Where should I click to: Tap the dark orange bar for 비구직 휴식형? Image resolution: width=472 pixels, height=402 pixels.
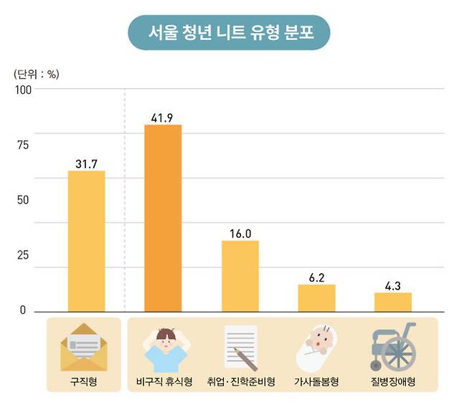pyautogui.click(x=163, y=218)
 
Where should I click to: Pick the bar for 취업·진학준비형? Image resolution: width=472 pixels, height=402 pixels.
pyautogui.click(x=240, y=276)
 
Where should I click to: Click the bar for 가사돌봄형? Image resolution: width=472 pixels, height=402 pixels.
pyautogui.click(x=316, y=297)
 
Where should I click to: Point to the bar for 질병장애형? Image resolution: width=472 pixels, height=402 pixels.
pyautogui.click(x=393, y=302)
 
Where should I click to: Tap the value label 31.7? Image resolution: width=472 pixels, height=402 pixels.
pyautogui.click(x=86, y=163)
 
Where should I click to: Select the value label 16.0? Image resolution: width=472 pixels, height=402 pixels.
pyautogui.click(x=240, y=233)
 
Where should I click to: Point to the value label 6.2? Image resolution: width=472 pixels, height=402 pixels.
pyautogui.click(x=316, y=277)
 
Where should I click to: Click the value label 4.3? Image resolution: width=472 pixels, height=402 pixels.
pyautogui.click(x=393, y=284)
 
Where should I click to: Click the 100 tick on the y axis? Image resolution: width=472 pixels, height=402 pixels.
pyautogui.click(x=23, y=90)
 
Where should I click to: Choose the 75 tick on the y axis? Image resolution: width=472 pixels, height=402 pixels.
pyautogui.click(x=23, y=145)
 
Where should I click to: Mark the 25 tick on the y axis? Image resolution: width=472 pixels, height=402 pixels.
pyautogui.click(x=23, y=256)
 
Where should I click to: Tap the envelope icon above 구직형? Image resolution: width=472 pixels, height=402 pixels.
pyautogui.click(x=84, y=348)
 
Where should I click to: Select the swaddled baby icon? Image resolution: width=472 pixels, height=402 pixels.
pyautogui.click(x=316, y=346)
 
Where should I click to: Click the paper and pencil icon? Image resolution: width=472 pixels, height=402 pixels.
pyautogui.click(x=240, y=346)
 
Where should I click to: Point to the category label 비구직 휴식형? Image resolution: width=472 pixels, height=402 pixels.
pyautogui.click(x=164, y=382)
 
